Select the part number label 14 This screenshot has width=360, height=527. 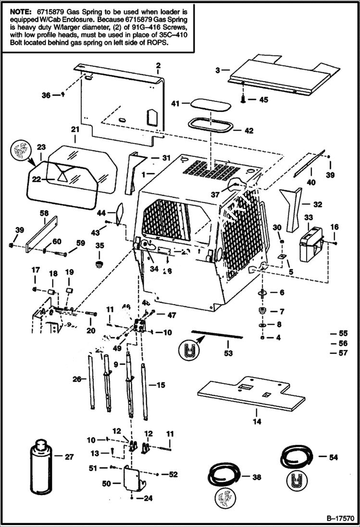(257, 422)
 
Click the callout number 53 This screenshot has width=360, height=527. (228, 353)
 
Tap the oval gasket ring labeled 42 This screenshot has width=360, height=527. (211, 125)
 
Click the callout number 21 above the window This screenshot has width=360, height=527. (75, 129)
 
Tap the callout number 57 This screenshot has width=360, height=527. (343, 353)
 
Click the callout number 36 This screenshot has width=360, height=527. (46, 95)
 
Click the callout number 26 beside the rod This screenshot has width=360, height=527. (76, 380)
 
